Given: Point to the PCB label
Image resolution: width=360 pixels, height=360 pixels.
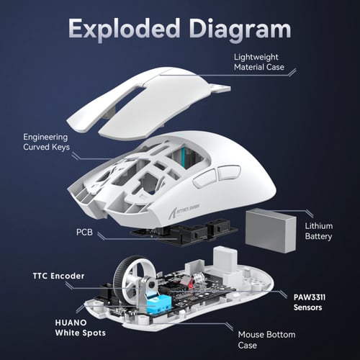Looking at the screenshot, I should pos(84,233).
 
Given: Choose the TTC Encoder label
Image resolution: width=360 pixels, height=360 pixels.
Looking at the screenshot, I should pos(58,276).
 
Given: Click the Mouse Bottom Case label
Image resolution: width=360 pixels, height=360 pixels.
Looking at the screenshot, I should pos(268,340).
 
